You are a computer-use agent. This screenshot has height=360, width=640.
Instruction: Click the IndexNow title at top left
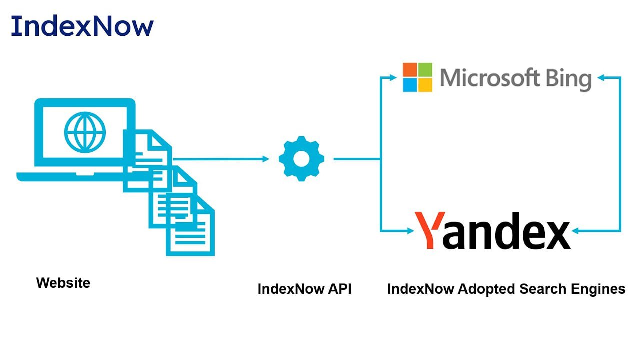(82, 26)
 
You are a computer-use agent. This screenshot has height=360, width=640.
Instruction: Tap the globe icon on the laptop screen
(85, 132)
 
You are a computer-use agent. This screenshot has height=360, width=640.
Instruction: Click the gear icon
(301, 158)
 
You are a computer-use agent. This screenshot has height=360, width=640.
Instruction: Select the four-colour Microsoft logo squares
(417, 77)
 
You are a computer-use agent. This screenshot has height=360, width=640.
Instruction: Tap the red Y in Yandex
(429, 230)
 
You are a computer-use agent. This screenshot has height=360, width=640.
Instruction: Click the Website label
(63, 283)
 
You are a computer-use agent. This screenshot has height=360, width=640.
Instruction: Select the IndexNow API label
(304, 289)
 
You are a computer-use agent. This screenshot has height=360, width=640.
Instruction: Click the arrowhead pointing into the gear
(265, 159)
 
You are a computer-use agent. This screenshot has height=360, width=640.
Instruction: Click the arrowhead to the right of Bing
(600, 77)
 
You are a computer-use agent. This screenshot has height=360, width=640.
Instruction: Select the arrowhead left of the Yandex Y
(410, 231)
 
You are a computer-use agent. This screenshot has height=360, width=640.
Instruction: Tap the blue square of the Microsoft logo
(410, 85)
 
